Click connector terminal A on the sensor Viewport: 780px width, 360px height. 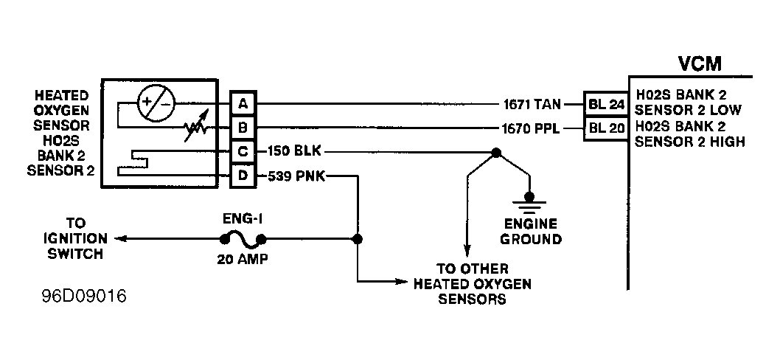tap(243, 103)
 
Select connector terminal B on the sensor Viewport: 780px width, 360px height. tap(243, 128)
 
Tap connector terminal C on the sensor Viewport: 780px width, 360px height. tap(243, 151)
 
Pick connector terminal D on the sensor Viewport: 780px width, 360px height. tap(243, 176)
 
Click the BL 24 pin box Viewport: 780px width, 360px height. tap(606, 105)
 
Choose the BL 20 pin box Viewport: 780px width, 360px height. tap(606, 128)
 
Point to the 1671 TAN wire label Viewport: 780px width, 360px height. tap(532, 105)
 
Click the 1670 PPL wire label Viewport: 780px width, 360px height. tap(532, 129)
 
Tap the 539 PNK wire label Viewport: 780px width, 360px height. tap(296, 176)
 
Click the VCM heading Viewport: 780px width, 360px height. tap(700, 63)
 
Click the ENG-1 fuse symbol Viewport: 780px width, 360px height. tap(243, 240)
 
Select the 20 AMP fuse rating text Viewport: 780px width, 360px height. tap(243, 260)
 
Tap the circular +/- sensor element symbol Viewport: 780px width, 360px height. tap(156, 103)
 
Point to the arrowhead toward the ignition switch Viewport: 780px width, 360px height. tap(119, 239)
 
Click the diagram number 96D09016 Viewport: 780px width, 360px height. tap(84, 297)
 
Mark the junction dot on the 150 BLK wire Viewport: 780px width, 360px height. tap(496, 153)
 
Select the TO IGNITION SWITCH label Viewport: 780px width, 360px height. tap(75, 238)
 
